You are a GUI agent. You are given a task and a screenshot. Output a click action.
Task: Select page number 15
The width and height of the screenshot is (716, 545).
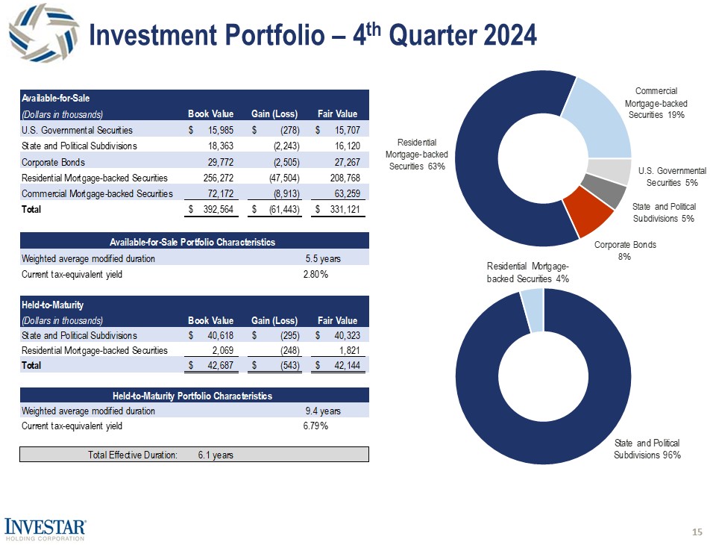coord(697,532)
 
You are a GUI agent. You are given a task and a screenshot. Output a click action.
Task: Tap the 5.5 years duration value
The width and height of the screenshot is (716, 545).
coord(323,258)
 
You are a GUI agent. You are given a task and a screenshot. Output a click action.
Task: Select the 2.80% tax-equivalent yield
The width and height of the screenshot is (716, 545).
coord(315,275)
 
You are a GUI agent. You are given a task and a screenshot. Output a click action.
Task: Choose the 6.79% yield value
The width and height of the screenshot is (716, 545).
coord(315,426)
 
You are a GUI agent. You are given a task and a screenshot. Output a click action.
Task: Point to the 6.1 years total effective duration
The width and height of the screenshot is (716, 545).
coord(216,455)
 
